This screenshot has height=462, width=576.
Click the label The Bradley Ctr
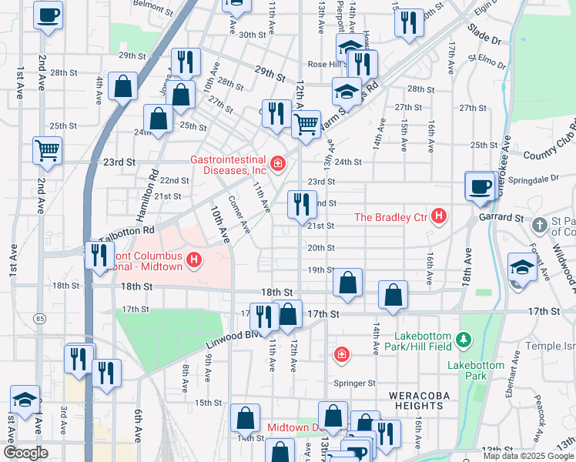coord(390,217)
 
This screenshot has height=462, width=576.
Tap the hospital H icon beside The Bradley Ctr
coord(438,217)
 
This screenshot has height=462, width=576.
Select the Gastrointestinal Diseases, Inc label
coord(229,165)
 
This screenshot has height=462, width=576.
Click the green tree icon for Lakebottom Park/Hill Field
coord(463,339)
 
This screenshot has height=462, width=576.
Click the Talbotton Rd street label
coord(132,229)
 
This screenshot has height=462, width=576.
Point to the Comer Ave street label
coord(239,218)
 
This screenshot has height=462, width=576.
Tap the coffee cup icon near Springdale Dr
coord(481,186)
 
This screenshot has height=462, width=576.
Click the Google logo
coord(25,453)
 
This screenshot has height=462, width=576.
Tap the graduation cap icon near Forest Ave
coord(522,266)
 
